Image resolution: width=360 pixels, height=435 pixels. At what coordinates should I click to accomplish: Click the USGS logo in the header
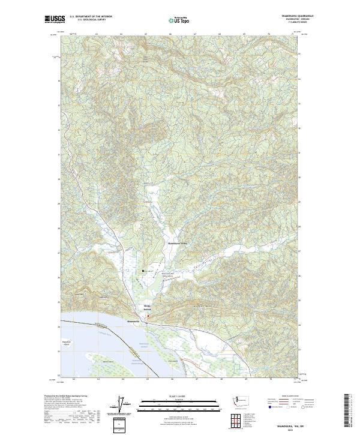[55, 19]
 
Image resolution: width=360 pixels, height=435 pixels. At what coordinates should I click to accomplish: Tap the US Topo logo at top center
[179, 20]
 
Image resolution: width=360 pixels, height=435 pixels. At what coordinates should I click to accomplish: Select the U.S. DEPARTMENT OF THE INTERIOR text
[91, 17]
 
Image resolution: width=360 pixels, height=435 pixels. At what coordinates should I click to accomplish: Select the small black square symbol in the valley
[143, 271]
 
